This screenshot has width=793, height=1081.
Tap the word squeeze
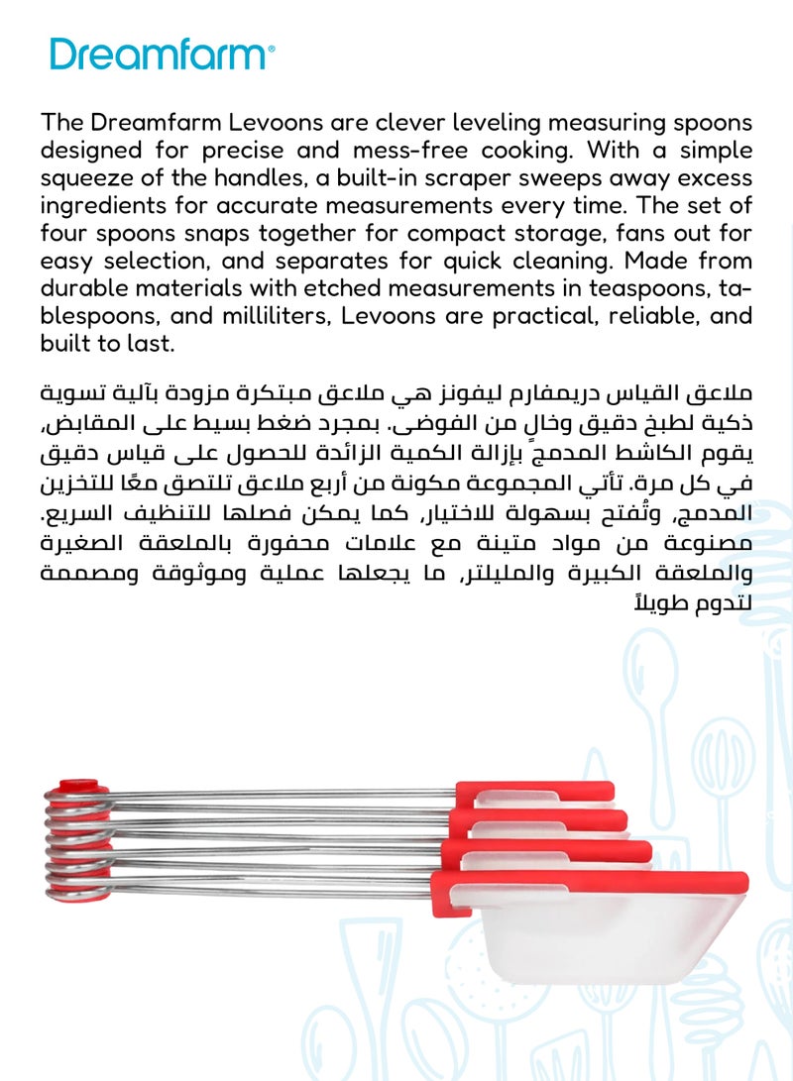(85, 178)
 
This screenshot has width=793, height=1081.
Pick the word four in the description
(65, 234)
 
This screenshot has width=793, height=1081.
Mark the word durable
(89, 289)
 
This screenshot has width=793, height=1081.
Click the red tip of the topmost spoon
(535, 791)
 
